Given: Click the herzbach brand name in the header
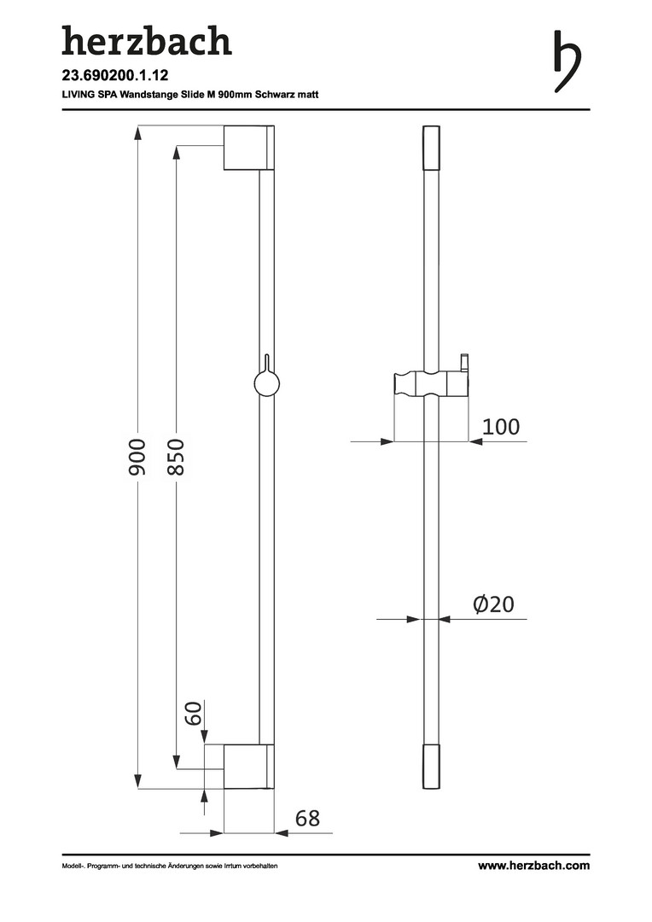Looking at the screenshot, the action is point(147,41).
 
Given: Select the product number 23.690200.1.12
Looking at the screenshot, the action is point(115,75).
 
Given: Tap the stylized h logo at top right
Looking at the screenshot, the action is point(567,61).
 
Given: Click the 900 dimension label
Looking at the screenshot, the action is point(137,457).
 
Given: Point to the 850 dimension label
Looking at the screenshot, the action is point(175,457).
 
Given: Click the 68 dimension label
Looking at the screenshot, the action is point(307,818).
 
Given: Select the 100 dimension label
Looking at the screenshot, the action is point(501,426).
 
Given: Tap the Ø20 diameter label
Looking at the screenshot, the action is point(494,604).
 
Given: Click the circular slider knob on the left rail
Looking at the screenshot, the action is point(266,385).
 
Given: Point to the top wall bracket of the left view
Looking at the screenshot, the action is point(249,148).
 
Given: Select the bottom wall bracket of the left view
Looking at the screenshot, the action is point(248,766).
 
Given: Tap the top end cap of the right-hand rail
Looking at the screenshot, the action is point(432,148).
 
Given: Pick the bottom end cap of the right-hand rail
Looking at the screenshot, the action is point(432,767).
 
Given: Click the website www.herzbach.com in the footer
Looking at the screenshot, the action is point(534,866).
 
